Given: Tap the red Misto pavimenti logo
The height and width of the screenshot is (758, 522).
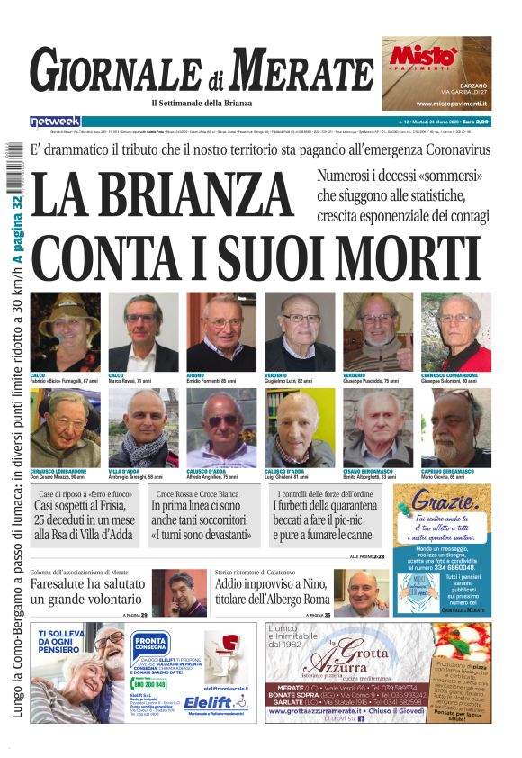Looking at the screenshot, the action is (423, 57).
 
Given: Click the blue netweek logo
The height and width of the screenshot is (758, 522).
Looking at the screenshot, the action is (55, 121).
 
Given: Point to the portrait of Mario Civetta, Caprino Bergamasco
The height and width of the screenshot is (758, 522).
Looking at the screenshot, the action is (456, 429).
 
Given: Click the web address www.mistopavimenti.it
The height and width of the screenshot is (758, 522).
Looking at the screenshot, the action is (437, 104).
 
